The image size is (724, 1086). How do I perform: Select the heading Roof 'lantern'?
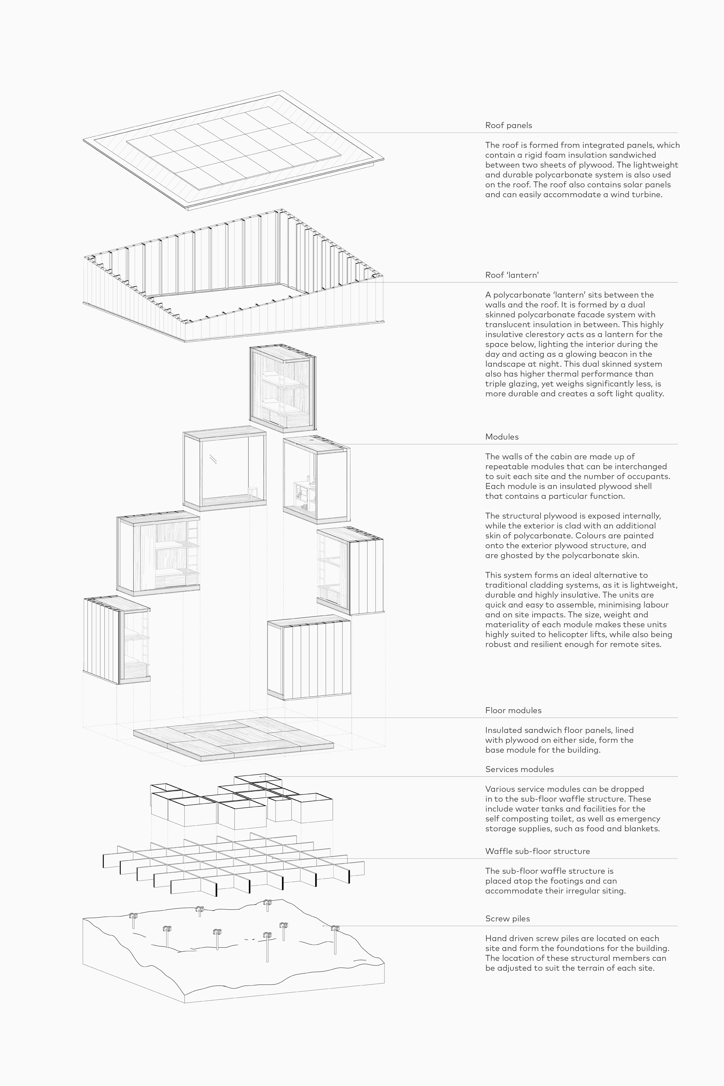[x=512, y=275]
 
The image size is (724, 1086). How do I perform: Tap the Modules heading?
[x=502, y=437]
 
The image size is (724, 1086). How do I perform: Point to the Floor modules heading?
[x=513, y=711]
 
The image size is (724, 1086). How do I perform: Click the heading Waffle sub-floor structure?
[x=537, y=851]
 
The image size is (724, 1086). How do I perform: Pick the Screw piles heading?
[x=507, y=919]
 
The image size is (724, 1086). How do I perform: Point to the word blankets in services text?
[x=643, y=829]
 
